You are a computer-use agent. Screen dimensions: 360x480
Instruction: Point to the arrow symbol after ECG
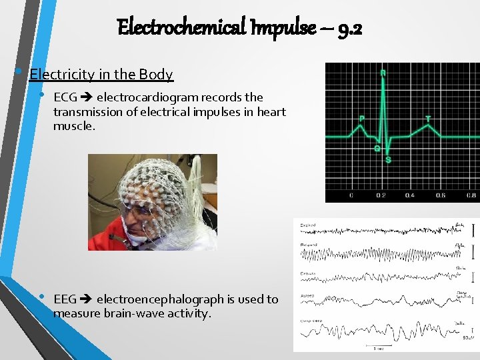pos(87,97)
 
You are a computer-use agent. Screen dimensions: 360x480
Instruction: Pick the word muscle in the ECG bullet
pos(73,125)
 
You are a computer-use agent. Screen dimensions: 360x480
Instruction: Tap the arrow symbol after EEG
pos(87,299)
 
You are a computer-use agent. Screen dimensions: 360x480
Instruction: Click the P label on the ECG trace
pos(361,119)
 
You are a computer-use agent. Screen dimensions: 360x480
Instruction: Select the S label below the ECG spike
pos(388,160)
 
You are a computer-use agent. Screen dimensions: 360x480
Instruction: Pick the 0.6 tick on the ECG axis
pos(440,195)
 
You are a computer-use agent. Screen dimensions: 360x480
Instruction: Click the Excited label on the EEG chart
pos(307,225)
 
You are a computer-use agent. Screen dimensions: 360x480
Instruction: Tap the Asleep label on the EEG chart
pos(307,295)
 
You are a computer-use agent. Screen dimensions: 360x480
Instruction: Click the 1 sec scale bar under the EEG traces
pos(377,347)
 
